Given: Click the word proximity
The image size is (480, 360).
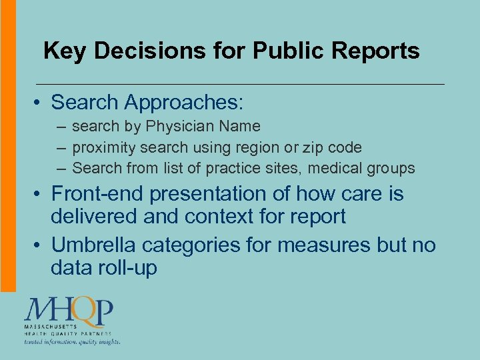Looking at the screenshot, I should pos(100,147).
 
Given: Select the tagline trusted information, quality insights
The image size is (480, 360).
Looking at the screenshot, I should pos(73,342).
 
